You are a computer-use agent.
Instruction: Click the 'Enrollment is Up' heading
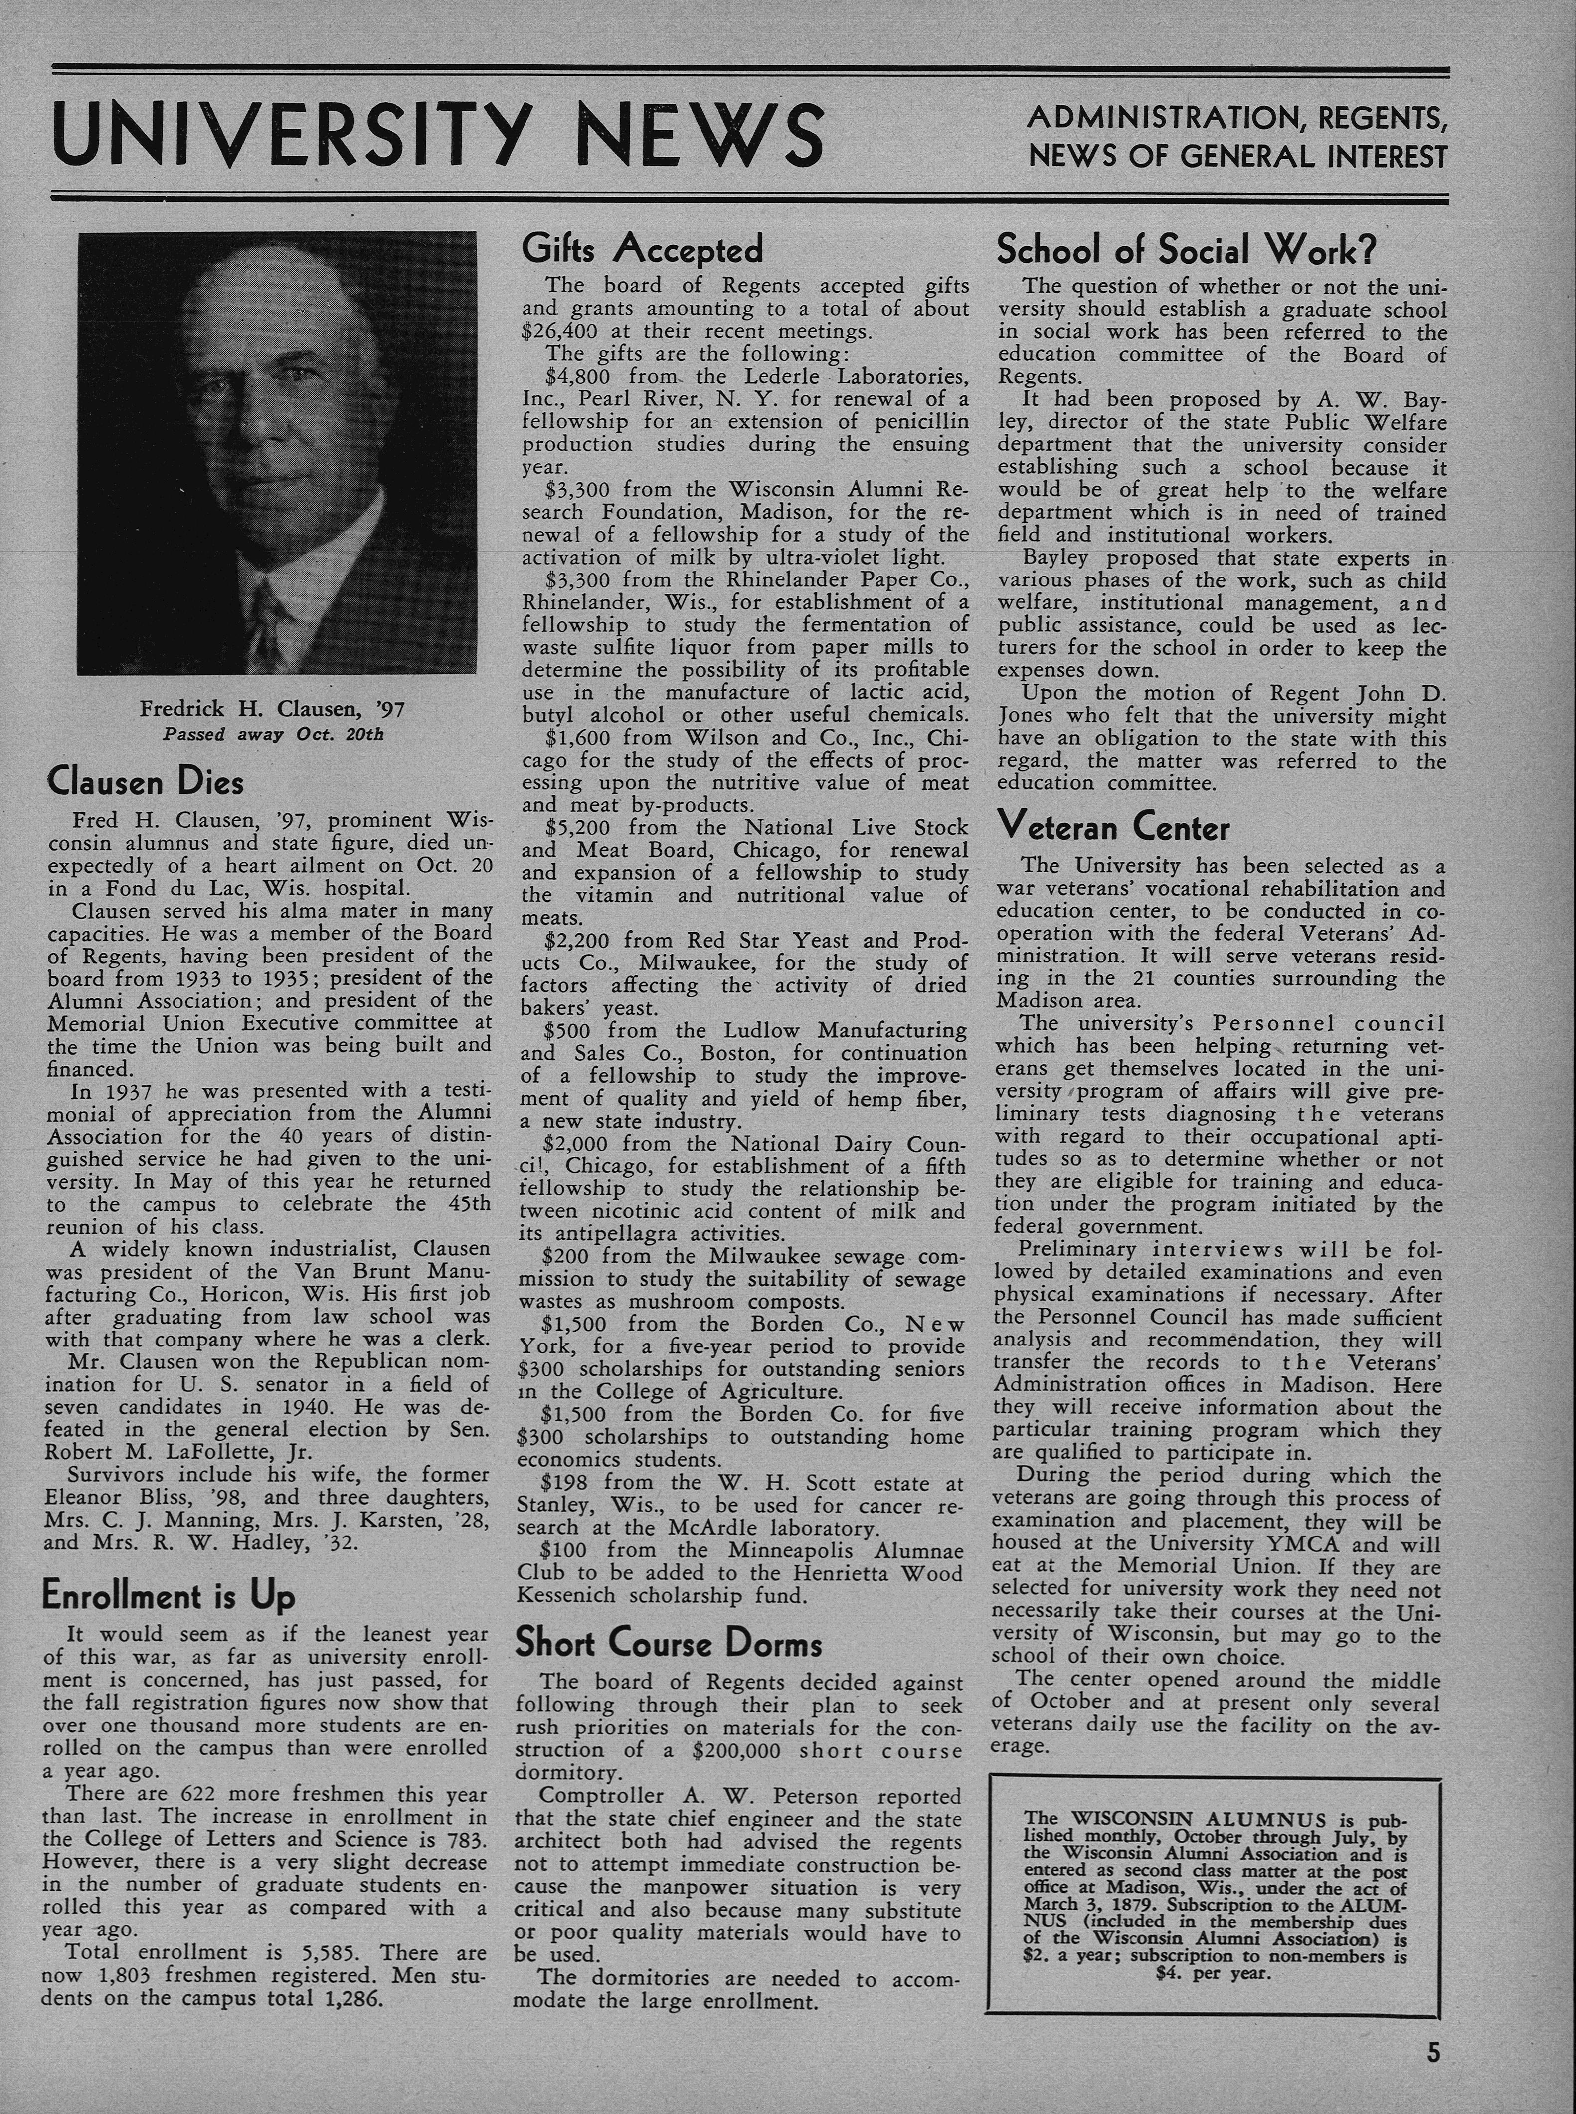pos(169,1596)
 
